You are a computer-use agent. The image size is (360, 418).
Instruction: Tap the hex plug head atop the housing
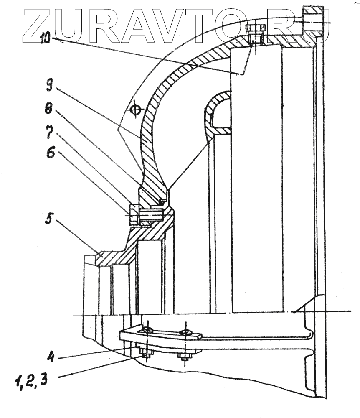[254, 28]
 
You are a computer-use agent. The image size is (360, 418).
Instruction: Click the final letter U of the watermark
[312, 26]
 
